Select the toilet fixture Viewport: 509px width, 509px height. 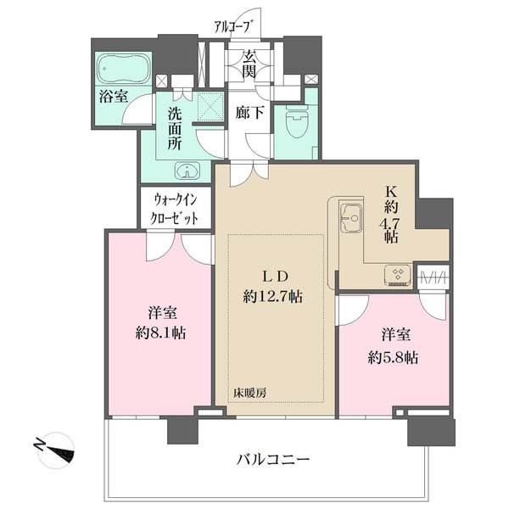pyautogui.click(x=296, y=125)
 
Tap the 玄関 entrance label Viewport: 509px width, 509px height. pyautogui.click(x=250, y=66)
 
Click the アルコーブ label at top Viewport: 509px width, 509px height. pyautogui.click(x=232, y=26)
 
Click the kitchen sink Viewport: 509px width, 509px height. pyautogui.click(x=349, y=219)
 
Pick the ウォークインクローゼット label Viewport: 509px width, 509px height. pyautogui.click(x=176, y=209)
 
